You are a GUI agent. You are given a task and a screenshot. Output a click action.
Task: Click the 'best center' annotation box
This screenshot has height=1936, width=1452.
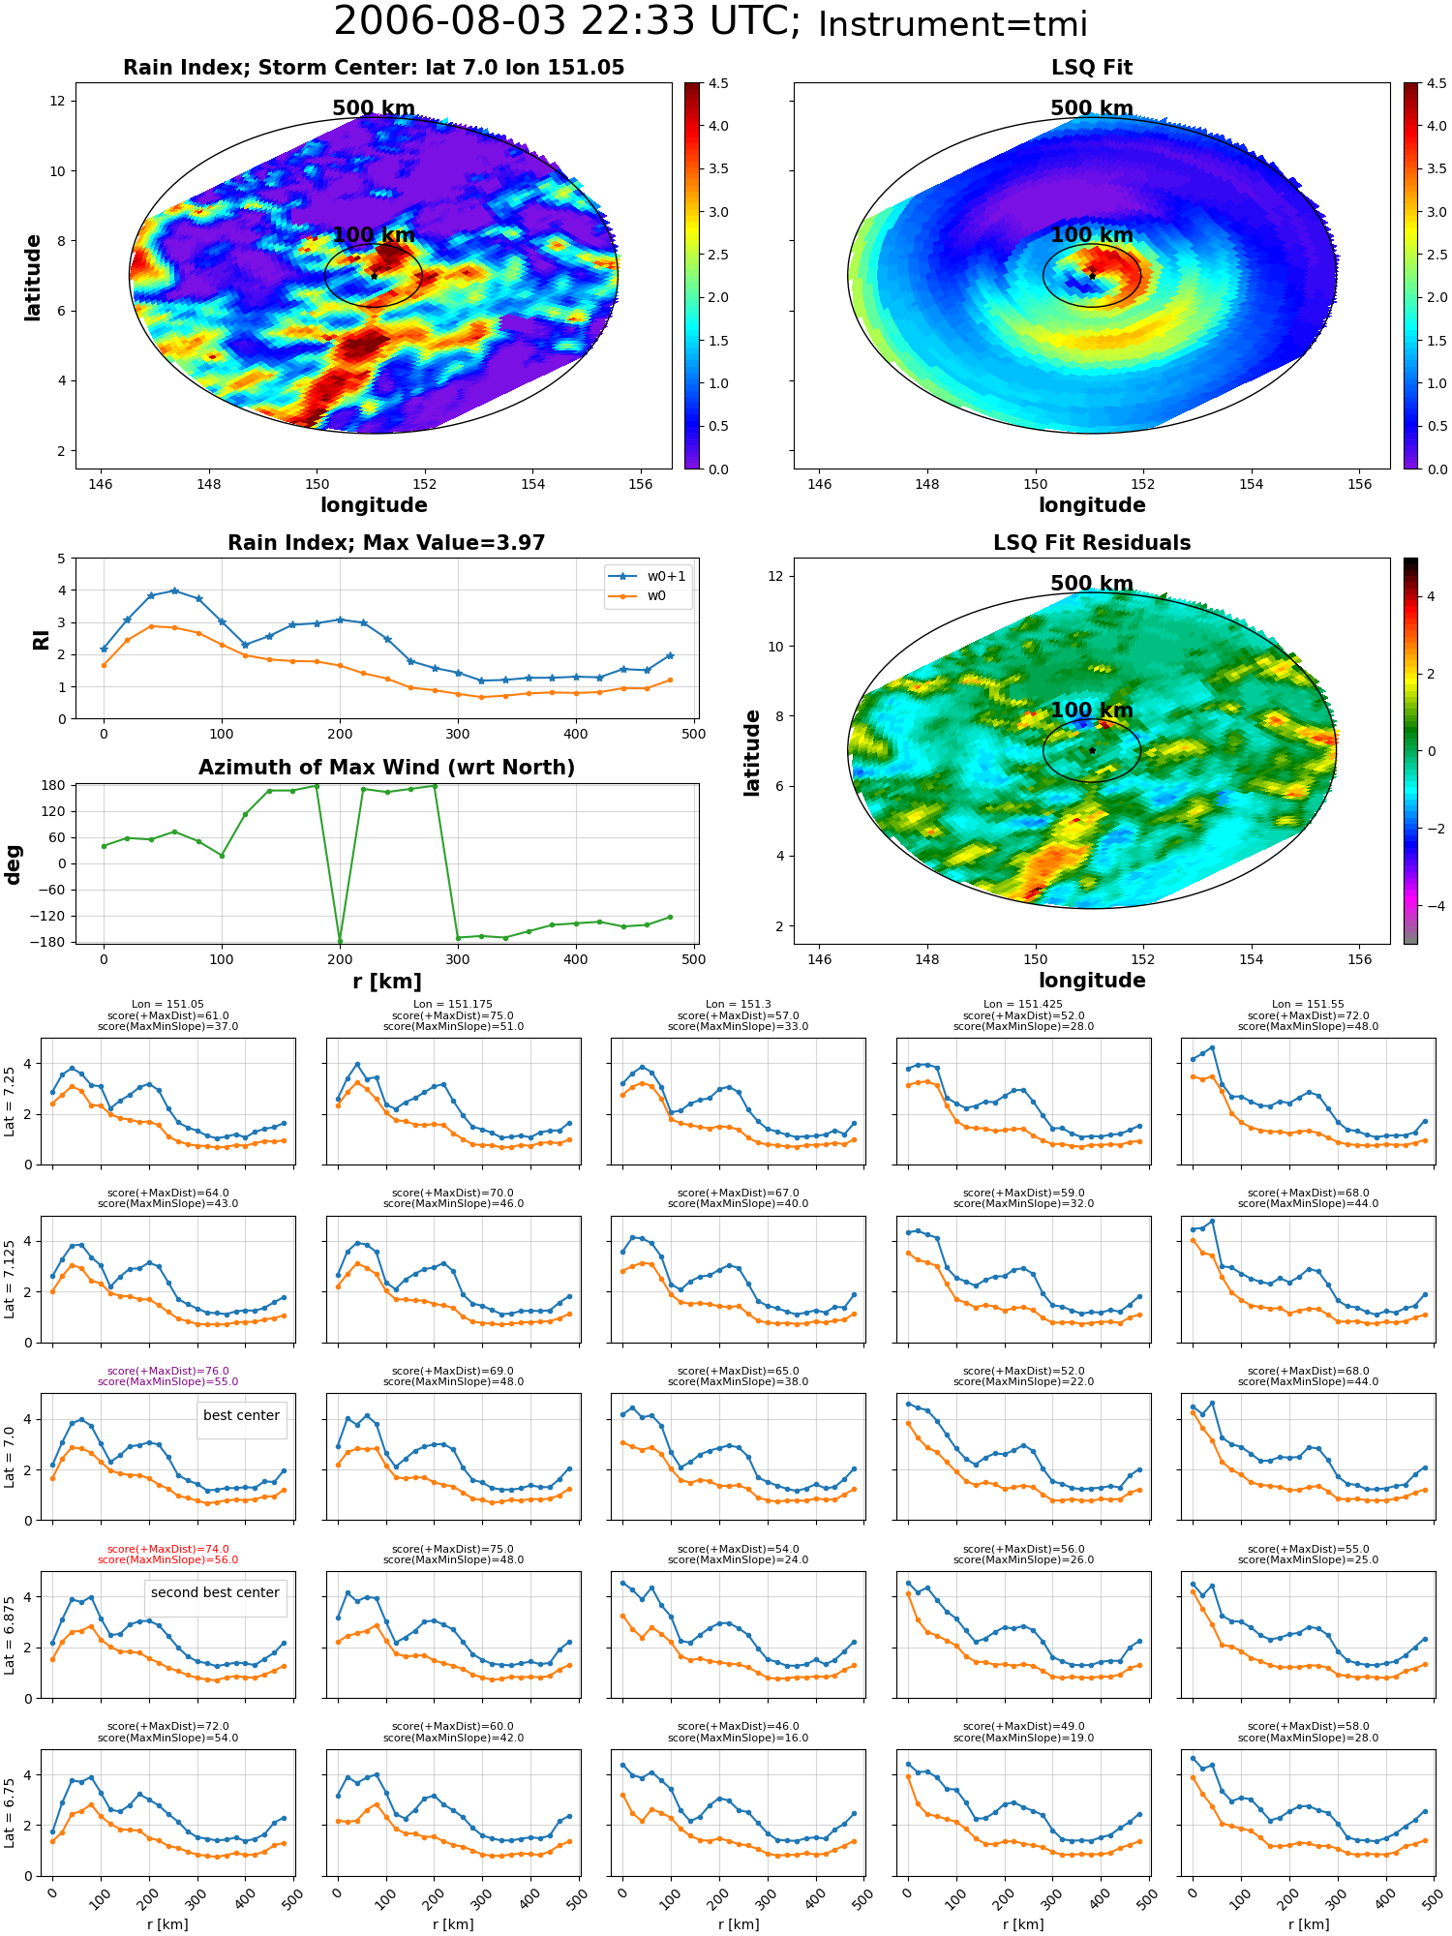coord(241,1415)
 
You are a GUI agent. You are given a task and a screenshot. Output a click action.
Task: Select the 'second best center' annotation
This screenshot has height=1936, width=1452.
coord(215,1592)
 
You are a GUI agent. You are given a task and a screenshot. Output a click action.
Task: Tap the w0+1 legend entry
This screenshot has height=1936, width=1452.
coord(648,576)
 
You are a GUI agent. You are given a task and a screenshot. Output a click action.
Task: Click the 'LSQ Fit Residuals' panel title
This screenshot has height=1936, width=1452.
coord(1092,543)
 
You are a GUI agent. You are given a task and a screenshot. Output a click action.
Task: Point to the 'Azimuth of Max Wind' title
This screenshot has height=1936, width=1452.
coord(386,768)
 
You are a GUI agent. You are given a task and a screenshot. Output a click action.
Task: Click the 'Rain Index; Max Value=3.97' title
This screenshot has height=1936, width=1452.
coord(386,543)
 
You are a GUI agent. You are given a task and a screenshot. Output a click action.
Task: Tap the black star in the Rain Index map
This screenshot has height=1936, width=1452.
coord(374,276)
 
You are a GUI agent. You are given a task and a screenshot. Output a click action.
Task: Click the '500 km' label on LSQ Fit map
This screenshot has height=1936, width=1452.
coord(1092,108)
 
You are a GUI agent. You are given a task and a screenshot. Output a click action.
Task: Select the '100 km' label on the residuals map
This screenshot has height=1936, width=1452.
coord(1092,711)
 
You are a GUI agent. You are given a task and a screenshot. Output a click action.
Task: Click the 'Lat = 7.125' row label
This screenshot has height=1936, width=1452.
coord(10,1279)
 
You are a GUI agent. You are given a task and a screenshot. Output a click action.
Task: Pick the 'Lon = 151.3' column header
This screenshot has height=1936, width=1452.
coord(739,1005)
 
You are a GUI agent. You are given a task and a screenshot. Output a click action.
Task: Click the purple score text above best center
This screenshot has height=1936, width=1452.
coord(167,1376)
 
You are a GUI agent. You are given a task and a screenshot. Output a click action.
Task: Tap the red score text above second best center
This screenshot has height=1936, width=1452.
coord(167,1555)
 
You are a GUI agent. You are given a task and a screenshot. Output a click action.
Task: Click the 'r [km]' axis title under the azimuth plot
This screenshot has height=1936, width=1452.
coord(386,982)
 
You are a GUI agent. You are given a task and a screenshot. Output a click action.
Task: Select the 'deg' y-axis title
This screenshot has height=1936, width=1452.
coord(13,863)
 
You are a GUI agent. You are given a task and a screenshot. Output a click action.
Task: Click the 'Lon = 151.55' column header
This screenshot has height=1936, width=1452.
coord(1308,1005)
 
